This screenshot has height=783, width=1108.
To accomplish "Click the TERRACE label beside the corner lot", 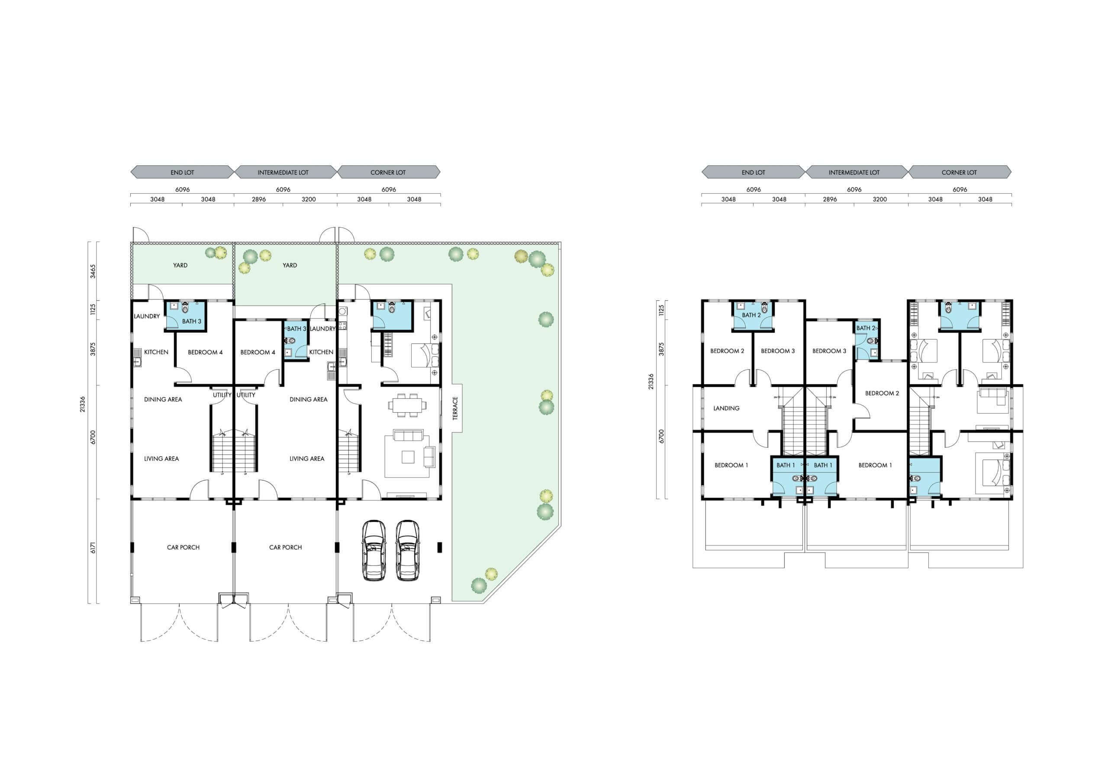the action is pyautogui.click(x=455, y=408).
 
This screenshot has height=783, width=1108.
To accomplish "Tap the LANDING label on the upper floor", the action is pyautogui.click(x=726, y=408).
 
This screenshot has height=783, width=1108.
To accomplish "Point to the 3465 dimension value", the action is pyautogui.click(x=93, y=271).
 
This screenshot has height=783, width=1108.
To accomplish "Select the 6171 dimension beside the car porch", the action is pyautogui.click(x=93, y=548).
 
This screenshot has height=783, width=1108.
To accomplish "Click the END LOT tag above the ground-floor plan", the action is pyautogui.click(x=182, y=172).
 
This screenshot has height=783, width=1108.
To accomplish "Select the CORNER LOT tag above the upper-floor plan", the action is pyautogui.click(x=960, y=172).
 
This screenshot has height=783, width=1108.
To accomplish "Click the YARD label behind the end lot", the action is pyautogui.click(x=180, y=265).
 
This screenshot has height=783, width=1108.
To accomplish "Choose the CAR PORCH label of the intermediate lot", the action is pyautogui.click(x=286, y=547).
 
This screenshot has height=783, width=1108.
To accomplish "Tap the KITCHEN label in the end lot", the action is pyautogui.click(x=156, y=352).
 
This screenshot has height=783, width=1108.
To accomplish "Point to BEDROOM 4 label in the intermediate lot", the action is pyautogui.click(x=258, y=352).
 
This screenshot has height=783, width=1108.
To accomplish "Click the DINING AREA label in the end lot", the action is pyautogui.click(x=163, y=399).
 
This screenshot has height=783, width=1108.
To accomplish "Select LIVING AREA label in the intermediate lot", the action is pyautogui.click(x=307, y=459).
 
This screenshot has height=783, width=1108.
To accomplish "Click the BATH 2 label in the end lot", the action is pyautogui.click(x=751, y=315).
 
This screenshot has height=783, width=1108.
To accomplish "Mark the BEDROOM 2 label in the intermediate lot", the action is pyautogui.click(x=882, y=393).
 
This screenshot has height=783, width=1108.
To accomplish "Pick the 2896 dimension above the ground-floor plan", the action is pyautogui.click(x=259, y=199).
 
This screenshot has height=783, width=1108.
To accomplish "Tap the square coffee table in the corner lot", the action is pyautogui.click(x=409, y=456).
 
